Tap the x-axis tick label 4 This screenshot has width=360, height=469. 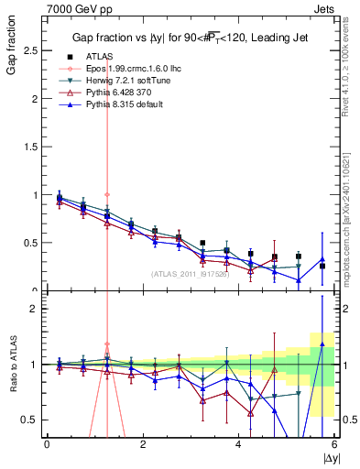(239, 444)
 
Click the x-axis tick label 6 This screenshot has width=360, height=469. (334, 444)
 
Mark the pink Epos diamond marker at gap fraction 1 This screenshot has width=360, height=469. (107, 194)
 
